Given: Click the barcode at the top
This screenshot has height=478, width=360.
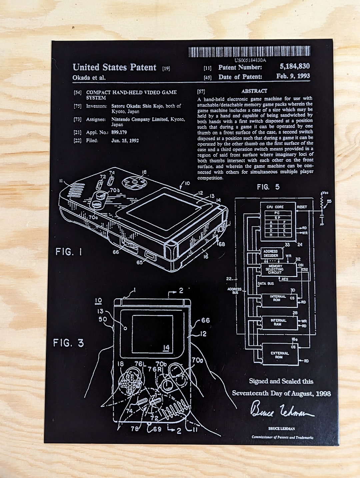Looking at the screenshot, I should point(249,52).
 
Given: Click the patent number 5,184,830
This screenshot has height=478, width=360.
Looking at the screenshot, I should point(294,66).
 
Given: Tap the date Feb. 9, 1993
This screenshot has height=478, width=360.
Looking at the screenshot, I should point(293,76).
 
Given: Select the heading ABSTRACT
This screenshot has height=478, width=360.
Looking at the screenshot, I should point(254,91).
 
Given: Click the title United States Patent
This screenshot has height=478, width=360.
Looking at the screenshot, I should point(114,67).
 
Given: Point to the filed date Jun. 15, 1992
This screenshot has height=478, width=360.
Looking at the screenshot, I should point(125,140).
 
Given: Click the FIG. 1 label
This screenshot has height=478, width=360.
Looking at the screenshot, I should point(69,252).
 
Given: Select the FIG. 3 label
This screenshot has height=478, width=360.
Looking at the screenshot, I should point(68,343).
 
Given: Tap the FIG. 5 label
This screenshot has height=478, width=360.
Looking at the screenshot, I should point(268,187).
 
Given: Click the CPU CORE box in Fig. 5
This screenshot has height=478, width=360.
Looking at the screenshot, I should point(278,221).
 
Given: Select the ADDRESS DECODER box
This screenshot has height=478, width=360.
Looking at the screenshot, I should point(271,253).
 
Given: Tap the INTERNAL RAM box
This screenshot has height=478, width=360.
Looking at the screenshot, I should point(279,322).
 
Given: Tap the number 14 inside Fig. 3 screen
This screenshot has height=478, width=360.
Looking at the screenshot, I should point(166,348).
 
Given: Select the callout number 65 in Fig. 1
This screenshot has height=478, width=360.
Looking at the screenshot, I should point(139,262).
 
